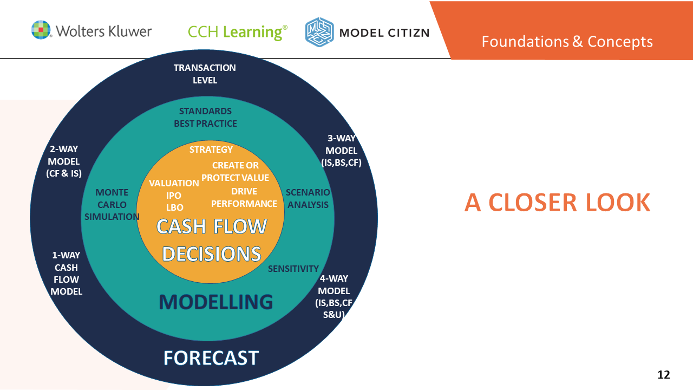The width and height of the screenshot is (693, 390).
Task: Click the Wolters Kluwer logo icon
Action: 41,30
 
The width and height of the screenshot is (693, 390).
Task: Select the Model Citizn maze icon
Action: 319,32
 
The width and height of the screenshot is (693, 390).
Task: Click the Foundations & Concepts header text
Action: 567,41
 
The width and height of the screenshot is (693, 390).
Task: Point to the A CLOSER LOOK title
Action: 557,203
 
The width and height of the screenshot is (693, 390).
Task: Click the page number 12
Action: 663,374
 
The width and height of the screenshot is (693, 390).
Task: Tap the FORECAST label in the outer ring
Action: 211,357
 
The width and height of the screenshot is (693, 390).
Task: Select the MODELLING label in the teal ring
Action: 215,302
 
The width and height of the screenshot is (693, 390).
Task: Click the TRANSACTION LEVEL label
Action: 205,74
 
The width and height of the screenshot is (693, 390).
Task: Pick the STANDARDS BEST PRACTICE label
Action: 205,118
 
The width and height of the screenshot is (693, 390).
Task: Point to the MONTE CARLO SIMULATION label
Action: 112,205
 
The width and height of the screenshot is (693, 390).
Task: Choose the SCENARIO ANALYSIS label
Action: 308,198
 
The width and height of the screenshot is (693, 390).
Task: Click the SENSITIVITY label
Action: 293,269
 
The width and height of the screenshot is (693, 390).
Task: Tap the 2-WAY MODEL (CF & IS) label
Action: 63,161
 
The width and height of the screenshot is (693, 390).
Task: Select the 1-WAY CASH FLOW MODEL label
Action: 66,274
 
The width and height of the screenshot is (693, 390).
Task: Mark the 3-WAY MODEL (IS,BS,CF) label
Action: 342,151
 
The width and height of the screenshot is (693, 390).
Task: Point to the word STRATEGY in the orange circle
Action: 211,149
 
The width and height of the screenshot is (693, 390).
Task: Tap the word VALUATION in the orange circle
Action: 174,183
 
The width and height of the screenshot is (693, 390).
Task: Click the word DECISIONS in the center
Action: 212,254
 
